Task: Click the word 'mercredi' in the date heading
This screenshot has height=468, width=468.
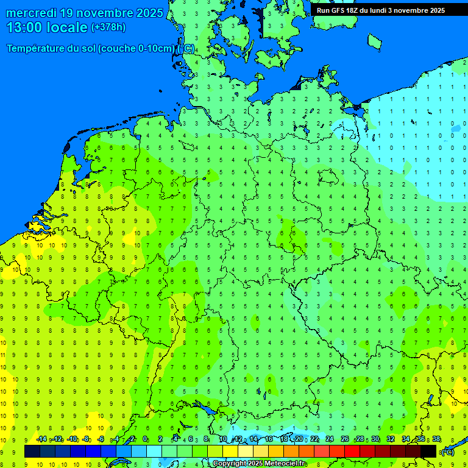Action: coord(32,13)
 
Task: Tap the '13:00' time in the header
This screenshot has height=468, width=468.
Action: coord(24,27)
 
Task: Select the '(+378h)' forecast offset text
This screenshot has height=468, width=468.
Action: coord(108,27)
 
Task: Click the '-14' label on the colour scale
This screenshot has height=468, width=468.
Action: coord(41,439)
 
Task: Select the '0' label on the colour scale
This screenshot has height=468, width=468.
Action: coord(145,439)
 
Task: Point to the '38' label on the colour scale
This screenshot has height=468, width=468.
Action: coord(436,439)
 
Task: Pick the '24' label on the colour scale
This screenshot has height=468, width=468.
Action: coord(330,439)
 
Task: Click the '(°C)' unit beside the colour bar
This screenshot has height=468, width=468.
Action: coord(448,452)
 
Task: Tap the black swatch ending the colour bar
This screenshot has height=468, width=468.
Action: coord(428,452)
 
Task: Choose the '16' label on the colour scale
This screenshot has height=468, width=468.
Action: coord(269,439)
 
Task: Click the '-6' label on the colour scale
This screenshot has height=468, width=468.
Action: coord(101,439)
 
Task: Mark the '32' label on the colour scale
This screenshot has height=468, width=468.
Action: coord(391,439)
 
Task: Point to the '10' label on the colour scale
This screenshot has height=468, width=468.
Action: coord(223,439)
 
